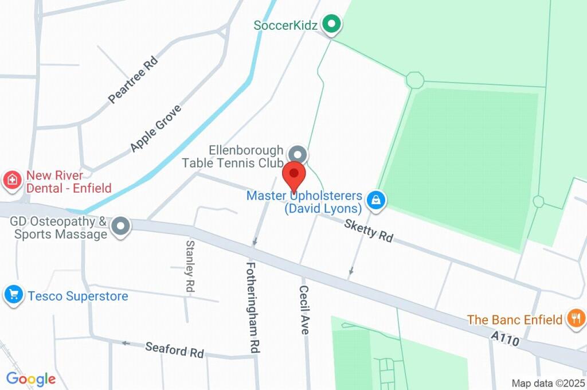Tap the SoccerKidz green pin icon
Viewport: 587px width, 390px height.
pyautogui.click(x=331, y=25)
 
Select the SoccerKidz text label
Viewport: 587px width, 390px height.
pyautogui.click(x=285, y=25)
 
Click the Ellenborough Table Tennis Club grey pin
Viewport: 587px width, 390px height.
pyautogui.click(x=297, y=154)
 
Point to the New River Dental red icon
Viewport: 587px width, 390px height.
pyautogui.click(x=11, y=182)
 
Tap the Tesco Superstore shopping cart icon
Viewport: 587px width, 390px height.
pyautogui.click(x=13, y=295)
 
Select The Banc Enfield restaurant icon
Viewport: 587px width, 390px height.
pyautogui.click(x=575, y=318)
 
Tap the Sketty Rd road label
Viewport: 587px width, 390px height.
pyautogui.click(x=369, y=230)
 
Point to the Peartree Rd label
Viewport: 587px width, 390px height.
pyautogui.click(x=132, y=80)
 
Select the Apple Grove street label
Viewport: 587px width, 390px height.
pyautogui.click(x=155, y=128)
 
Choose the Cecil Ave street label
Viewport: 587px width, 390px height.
pyautogui.click(x=304, y=310)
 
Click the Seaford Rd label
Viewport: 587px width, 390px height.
pyautogui.click(x=174, y=349)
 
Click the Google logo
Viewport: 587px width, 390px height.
pyautogui.click(x=31, y=379)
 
